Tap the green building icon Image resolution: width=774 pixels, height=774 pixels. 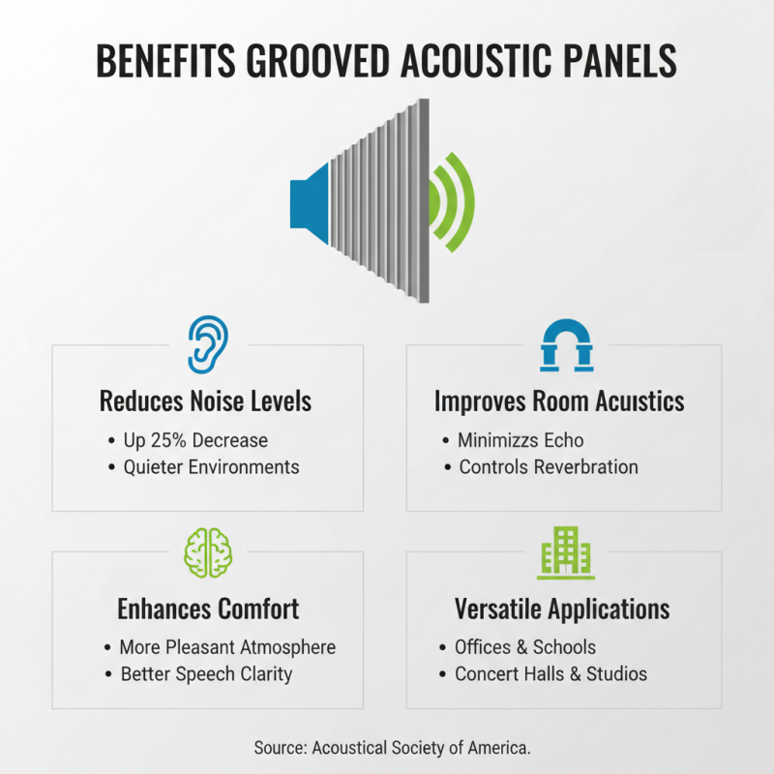[x=566, y=552]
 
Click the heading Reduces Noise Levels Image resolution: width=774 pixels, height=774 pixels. [x=206, y=401]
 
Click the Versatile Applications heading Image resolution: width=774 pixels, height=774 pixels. [x=562, y=609]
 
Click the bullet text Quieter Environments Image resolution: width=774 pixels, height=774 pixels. [x=211, y=466]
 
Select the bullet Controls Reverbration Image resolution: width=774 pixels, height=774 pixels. [x=549, y=466]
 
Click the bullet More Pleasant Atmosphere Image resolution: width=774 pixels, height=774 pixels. [x=227, y=647]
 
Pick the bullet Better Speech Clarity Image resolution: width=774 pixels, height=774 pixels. [x=206, y=673]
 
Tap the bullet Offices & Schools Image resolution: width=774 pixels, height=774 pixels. [x=525, y=647]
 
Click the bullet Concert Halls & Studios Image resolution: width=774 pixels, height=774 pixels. [x=551, y=673]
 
